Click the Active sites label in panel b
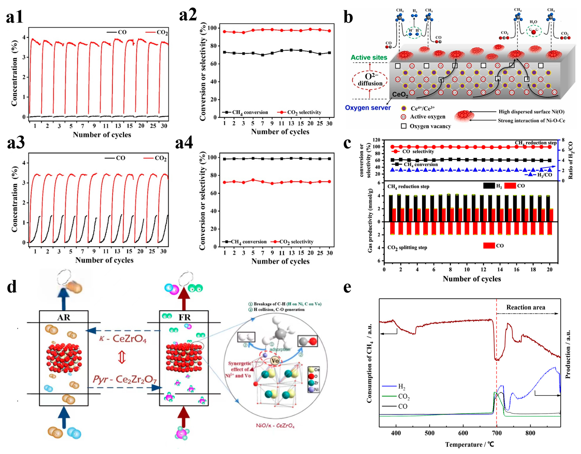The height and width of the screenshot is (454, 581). click(369, 58)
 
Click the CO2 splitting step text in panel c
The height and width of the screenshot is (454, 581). click(407, 248)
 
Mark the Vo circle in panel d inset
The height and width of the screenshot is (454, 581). click(275, 361)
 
